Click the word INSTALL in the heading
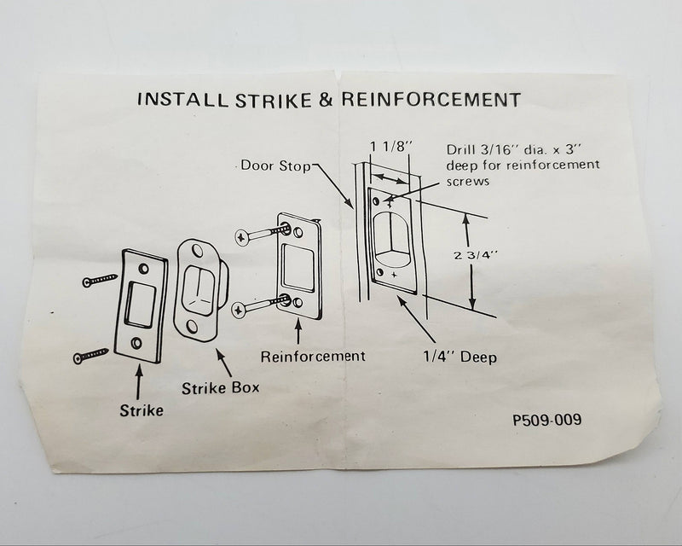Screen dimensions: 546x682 coord(176,100)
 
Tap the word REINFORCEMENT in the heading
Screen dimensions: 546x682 coord(431,100)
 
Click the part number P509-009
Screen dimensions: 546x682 coord(548,420)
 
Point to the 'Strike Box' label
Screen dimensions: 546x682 coord(221,388)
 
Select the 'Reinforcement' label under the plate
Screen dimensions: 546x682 coord(313,357)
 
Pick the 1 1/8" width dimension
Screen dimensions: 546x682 coord(391,145)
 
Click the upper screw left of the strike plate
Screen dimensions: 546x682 coord(100,279)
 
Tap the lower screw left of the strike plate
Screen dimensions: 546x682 coord(91,354)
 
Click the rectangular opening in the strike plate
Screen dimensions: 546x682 coord(142,305)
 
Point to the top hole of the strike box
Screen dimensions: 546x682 coord(199,251)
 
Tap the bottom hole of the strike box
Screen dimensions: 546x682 coord(195,325)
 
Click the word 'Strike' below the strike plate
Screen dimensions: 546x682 coord(141,409)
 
